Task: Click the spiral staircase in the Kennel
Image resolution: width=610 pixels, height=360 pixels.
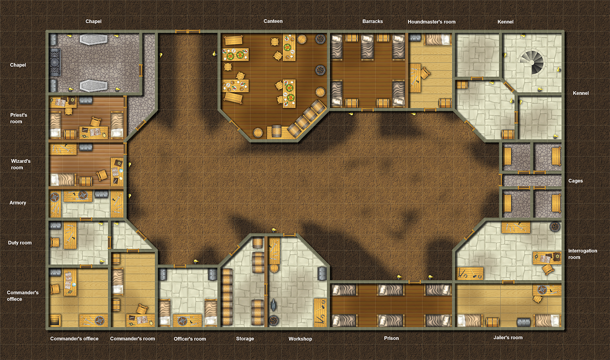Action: (531, 63)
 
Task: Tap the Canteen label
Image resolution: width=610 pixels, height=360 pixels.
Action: (273, 21)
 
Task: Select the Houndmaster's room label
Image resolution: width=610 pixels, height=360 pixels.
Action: (431, 22)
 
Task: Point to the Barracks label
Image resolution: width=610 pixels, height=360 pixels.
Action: (373, 21)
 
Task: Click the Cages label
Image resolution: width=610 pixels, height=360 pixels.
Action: (576, 181)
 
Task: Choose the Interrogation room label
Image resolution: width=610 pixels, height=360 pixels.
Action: (582, 254)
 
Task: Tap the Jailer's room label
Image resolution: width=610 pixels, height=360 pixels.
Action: (508, 338)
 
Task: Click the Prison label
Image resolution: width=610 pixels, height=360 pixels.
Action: (391, 338)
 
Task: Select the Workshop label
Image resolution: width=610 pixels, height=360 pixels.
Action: (300, 339)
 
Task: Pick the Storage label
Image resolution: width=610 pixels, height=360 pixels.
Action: (245, 339)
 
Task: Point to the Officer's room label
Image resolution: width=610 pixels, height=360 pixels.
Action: (190, 339)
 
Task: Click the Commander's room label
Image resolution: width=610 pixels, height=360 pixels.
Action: (132, 339)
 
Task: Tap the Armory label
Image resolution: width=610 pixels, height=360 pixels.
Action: (18, 203)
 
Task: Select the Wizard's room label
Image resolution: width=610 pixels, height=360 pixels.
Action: (21, 164)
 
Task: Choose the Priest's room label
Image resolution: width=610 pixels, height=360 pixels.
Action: (18, 118)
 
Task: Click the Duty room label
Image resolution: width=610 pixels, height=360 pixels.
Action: (20, 243)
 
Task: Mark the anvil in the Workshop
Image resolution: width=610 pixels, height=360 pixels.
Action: (273, 305)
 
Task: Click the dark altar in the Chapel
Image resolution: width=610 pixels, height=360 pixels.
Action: (55, 63)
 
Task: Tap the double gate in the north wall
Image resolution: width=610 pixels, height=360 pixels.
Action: (188, 32)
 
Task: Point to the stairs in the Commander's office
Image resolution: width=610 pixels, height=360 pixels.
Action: (55, 320)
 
